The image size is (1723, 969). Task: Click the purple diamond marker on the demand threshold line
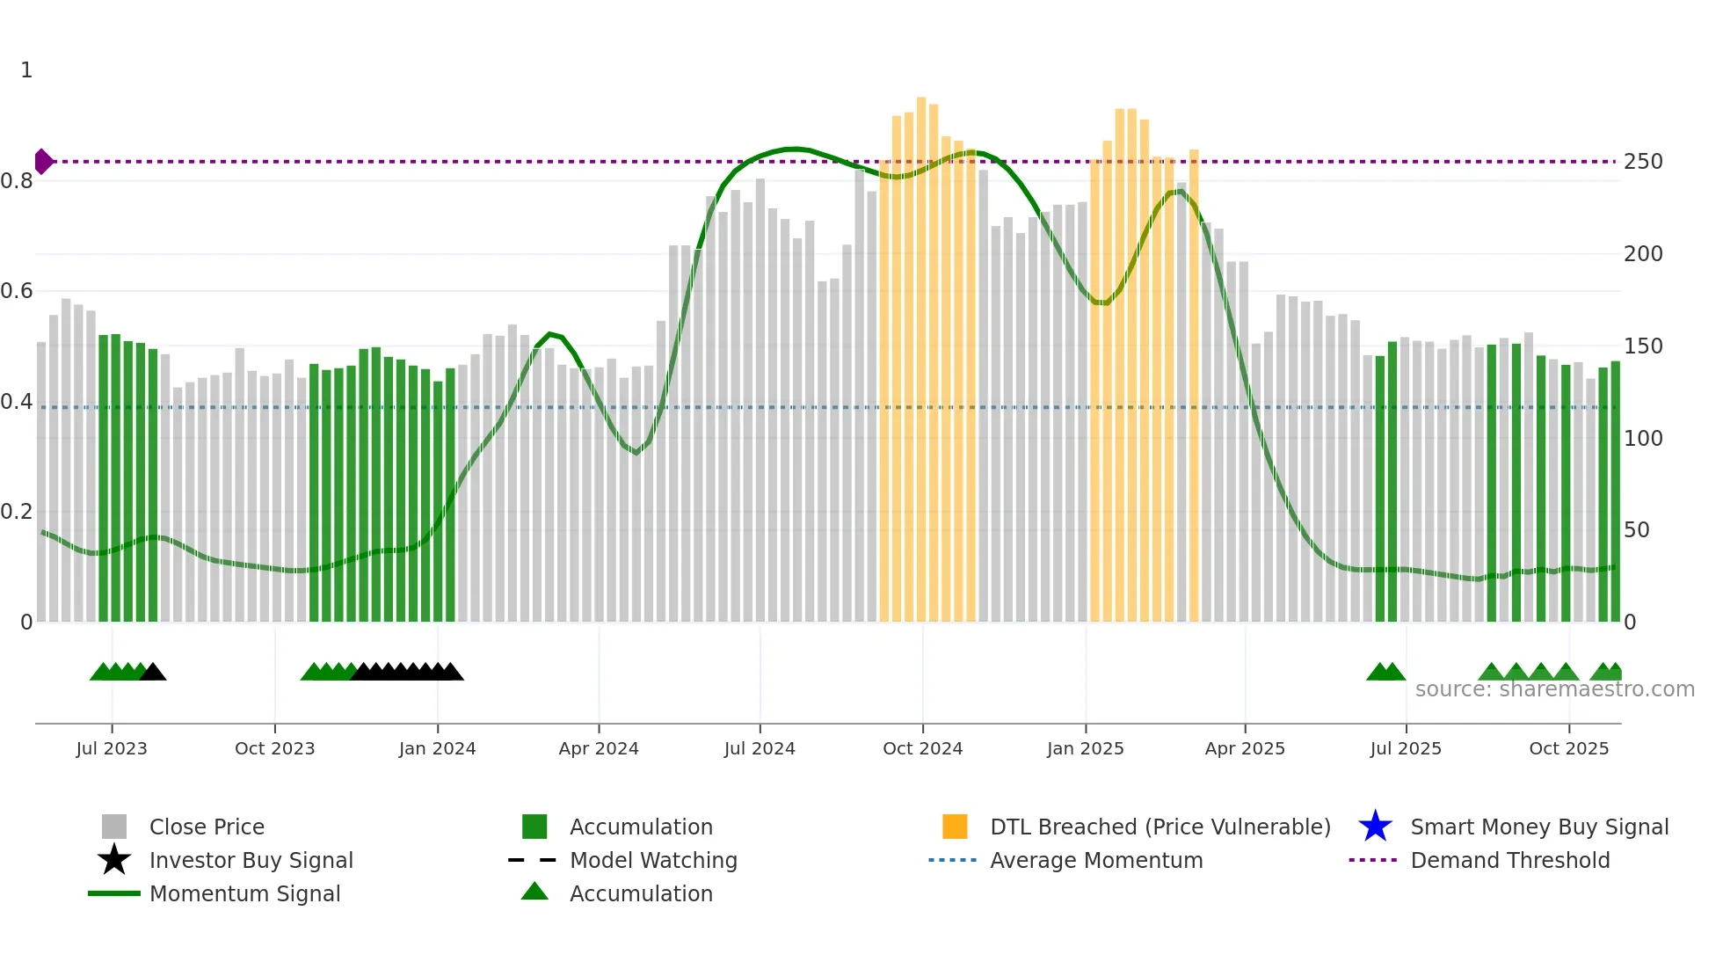pos(43,162)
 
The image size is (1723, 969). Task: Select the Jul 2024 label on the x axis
pos(760,748)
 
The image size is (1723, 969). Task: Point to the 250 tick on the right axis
pos(1643,162)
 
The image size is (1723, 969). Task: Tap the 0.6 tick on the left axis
pos(17,291)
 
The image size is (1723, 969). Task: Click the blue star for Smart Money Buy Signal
pos(1375,827)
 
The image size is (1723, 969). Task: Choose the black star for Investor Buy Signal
pos(114,860)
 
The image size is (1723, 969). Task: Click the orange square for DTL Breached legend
pos(955,827)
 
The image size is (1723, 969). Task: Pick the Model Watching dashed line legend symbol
pos(533,860)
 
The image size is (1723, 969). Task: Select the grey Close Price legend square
pos(114,827)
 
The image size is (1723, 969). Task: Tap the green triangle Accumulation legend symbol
pos(534,892)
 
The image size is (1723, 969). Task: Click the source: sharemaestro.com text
pos(1554,689)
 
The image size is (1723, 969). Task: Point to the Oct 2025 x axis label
pos(1568,748)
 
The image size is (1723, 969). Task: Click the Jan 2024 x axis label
pos(437,748)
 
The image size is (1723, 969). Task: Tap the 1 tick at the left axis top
pos(26,70)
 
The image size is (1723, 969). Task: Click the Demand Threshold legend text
pos(1509,860)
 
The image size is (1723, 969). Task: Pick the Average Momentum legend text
pos(1096,860)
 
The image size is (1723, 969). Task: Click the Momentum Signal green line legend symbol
pos(114,893)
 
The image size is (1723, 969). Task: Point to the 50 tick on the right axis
pos(1636,530)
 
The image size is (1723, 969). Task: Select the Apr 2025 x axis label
pos(1245,748)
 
